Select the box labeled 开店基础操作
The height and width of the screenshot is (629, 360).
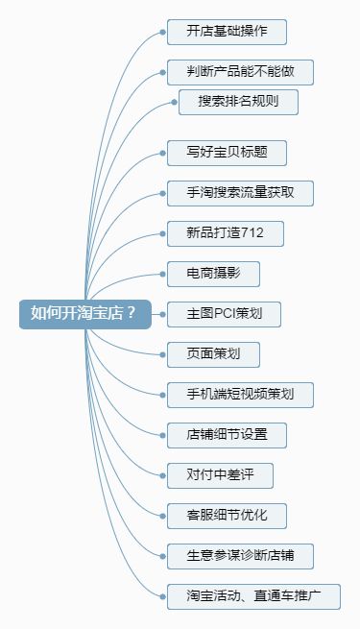tap(227, 32)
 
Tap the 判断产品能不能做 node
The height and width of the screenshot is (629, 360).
tap(240, 72)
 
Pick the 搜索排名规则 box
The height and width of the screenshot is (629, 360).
tap(239, 102)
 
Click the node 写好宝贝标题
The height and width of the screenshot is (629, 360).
tap(227, 153)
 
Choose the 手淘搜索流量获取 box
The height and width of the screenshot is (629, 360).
tap(240, 193)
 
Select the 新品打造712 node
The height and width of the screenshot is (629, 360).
tap(225, 233)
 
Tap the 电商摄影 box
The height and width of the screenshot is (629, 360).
tap(213, 274)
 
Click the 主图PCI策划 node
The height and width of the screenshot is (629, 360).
tap(223, 313)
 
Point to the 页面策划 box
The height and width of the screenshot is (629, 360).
tap(213, 353)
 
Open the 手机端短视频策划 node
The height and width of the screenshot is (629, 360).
tap(240, 394)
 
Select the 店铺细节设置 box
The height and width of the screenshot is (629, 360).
tap(227, 434)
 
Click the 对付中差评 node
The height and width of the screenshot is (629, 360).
tap(220, 474)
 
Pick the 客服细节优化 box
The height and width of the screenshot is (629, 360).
tap(227, 515)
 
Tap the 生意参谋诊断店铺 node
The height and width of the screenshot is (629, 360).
tap(240, 555)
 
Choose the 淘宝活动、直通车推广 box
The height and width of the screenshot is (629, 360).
tap(253, 595)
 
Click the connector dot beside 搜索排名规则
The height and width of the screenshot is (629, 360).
tap(172, 102)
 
